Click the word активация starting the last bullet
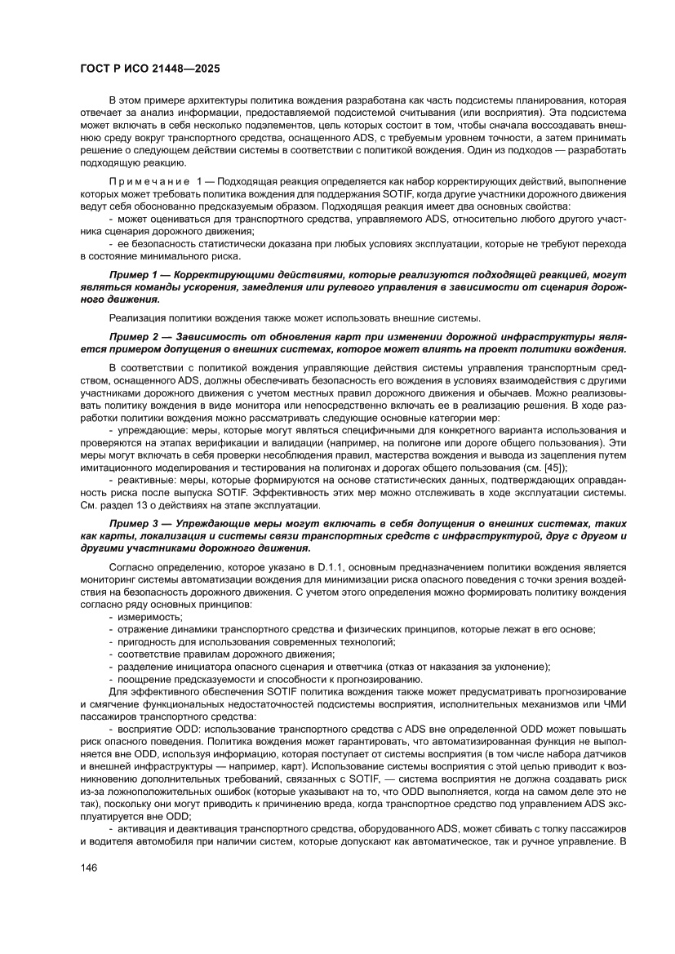(145, 841)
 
